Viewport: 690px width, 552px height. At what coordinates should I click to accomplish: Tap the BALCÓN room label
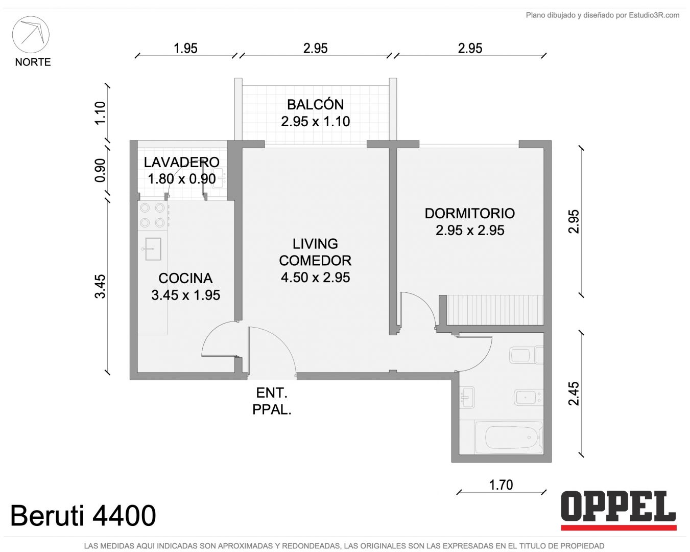tap(316, 105)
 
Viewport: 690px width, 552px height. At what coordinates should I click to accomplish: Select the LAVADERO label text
tap(181, 163)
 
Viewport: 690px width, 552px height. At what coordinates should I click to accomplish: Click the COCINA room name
tap(185, 278)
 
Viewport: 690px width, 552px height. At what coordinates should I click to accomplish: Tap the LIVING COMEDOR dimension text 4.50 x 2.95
tap(315, 278)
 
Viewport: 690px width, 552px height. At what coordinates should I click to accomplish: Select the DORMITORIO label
tap(470, 214)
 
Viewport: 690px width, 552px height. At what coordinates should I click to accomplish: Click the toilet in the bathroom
tap(526, 355)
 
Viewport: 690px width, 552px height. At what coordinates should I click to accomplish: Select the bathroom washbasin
tap(467, 398)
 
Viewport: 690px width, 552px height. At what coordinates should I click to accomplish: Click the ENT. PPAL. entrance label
tap(272, 401)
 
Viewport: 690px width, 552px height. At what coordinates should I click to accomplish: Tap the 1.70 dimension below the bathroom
tap(501, 485)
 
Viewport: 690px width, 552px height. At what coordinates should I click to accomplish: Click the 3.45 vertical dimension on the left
tap(100, 286)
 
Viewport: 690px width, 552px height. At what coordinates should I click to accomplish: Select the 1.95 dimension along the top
tap(185, 49)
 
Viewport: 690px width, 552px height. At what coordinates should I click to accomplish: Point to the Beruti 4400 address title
tap(83, 516)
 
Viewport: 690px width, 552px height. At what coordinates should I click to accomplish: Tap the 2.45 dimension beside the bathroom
tap(573, 394)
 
